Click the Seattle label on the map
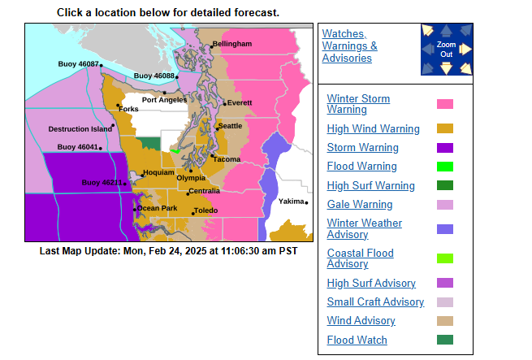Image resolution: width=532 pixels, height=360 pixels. point(231,126)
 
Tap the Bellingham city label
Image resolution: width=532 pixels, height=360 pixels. point(232,43)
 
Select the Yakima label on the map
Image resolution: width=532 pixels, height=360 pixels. point(292,200)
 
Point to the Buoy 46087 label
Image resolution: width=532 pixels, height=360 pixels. point(79,63)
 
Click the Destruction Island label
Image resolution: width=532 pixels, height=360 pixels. point(80,129)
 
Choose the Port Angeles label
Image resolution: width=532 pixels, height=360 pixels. point(165,100)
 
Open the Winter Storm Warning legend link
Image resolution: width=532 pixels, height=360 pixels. point(358,104)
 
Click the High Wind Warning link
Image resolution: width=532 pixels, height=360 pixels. point(373,128)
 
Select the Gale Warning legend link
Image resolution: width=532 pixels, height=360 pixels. point(359,204)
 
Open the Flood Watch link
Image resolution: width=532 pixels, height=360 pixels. point(357,340)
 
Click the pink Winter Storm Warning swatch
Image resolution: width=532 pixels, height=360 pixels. point(445,104)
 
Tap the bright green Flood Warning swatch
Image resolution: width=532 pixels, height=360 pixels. point(445,167)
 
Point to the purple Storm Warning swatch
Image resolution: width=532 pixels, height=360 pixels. point(445,148)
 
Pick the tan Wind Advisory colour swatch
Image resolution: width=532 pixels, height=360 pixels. point(445,321)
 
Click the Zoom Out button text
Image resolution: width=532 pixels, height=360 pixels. point(446,49)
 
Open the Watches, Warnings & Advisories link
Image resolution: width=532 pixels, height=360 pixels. point(350,46)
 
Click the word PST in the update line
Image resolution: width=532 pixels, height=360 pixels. point(288,251)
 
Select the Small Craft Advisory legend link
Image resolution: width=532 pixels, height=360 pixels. point(375,301)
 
